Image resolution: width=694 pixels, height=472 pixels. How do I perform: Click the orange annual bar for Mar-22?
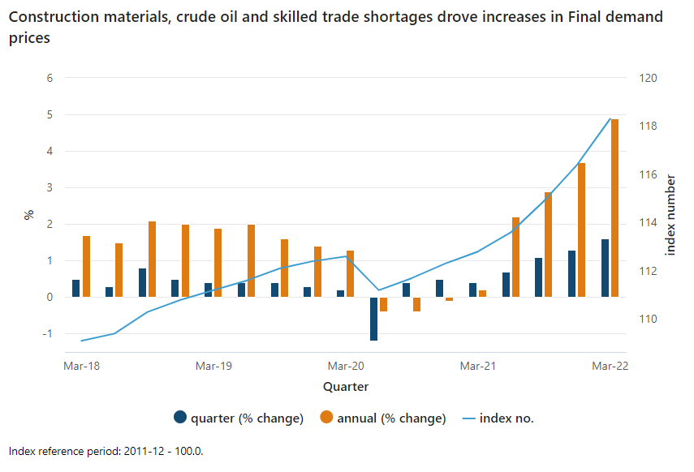(614, 208)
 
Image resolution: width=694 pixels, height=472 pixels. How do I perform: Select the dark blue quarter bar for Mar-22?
(605, 268)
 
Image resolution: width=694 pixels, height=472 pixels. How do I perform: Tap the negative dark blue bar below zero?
(374, 319)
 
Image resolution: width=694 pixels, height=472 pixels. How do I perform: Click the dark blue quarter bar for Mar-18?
(76, 288)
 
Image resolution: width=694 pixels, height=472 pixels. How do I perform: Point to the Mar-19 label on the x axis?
(213, 367)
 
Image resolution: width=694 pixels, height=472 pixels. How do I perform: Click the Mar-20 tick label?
(346, 367)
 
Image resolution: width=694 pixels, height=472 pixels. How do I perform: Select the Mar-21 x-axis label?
(478, 367)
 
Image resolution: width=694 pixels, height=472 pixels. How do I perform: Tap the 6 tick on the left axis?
(50, 79)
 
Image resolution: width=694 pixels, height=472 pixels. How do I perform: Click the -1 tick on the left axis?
(48, 334)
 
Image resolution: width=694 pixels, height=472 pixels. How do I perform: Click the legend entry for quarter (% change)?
(239, 418)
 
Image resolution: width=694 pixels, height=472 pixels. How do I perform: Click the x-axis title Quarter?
(346, 387)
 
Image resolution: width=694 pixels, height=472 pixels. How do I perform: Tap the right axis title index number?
(670, 215)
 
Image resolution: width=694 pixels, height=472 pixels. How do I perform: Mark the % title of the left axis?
(28, 215)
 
